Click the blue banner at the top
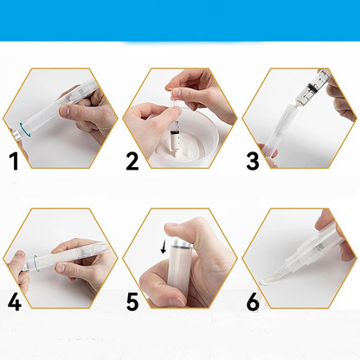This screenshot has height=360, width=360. point(180,21)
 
